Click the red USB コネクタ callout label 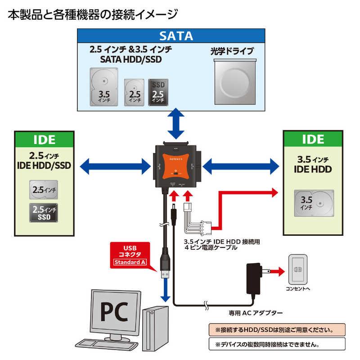[x=133, y=255]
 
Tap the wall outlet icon [x=298, y=270]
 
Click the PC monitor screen [x=111, y=311]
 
